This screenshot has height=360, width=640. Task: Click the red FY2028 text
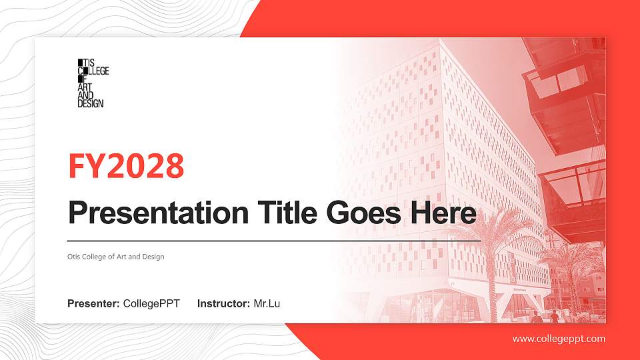126,166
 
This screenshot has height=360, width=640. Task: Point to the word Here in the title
444,213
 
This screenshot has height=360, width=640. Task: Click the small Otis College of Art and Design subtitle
115,257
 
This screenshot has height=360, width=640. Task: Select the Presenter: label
93,304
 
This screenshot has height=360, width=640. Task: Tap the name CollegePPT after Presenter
151,304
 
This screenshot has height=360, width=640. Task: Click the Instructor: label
224,304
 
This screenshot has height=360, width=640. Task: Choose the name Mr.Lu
267,304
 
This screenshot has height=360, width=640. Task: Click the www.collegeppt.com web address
559,339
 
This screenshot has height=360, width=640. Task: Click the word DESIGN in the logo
91,103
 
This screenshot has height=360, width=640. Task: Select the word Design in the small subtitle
154,257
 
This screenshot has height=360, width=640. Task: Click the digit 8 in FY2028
174,166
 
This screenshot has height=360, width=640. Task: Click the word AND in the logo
86,95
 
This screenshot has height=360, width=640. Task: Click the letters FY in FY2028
83,166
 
